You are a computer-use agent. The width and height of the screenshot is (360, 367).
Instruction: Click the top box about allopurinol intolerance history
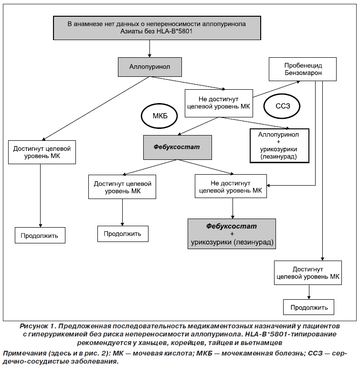click(x=157, y=28)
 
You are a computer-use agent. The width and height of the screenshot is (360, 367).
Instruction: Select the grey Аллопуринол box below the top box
click(x=149, y=67)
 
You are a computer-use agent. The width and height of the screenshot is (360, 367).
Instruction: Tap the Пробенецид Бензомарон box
click(x=303, y=69)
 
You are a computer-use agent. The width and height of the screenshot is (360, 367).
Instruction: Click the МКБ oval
click(x=159, y=116)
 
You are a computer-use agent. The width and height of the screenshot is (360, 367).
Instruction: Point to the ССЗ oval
click(x=282, y=106)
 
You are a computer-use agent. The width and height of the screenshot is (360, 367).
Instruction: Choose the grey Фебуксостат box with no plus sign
click(x=178, y=147)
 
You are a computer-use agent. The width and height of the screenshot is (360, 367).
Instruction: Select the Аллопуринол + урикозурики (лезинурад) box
click(x=279, y=146)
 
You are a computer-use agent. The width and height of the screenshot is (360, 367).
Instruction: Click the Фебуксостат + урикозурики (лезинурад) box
click(x=232, y=234)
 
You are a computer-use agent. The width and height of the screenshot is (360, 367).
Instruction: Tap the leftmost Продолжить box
click(x=40, y=235)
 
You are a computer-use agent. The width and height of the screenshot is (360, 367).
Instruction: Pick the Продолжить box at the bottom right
click(x=308, y=307)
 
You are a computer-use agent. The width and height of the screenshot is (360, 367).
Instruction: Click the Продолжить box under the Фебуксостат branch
click(x=123, y=233)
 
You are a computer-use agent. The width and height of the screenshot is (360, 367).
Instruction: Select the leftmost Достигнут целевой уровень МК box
click(x=42, y=152)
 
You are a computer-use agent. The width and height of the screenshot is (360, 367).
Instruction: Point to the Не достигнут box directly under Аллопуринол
click(x=219, y=103)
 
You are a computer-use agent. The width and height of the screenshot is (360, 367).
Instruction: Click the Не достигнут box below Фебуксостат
click(x=231, y=186)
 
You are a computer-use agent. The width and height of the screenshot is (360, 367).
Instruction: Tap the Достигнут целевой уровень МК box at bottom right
click(x=308, y=273)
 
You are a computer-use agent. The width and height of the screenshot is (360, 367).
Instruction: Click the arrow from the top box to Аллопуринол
click(x=149, y=49)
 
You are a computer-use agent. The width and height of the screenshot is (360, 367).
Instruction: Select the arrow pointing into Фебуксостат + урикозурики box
click(x=233, y=208)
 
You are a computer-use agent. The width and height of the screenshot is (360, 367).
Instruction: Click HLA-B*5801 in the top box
click(x=174, y=31)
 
